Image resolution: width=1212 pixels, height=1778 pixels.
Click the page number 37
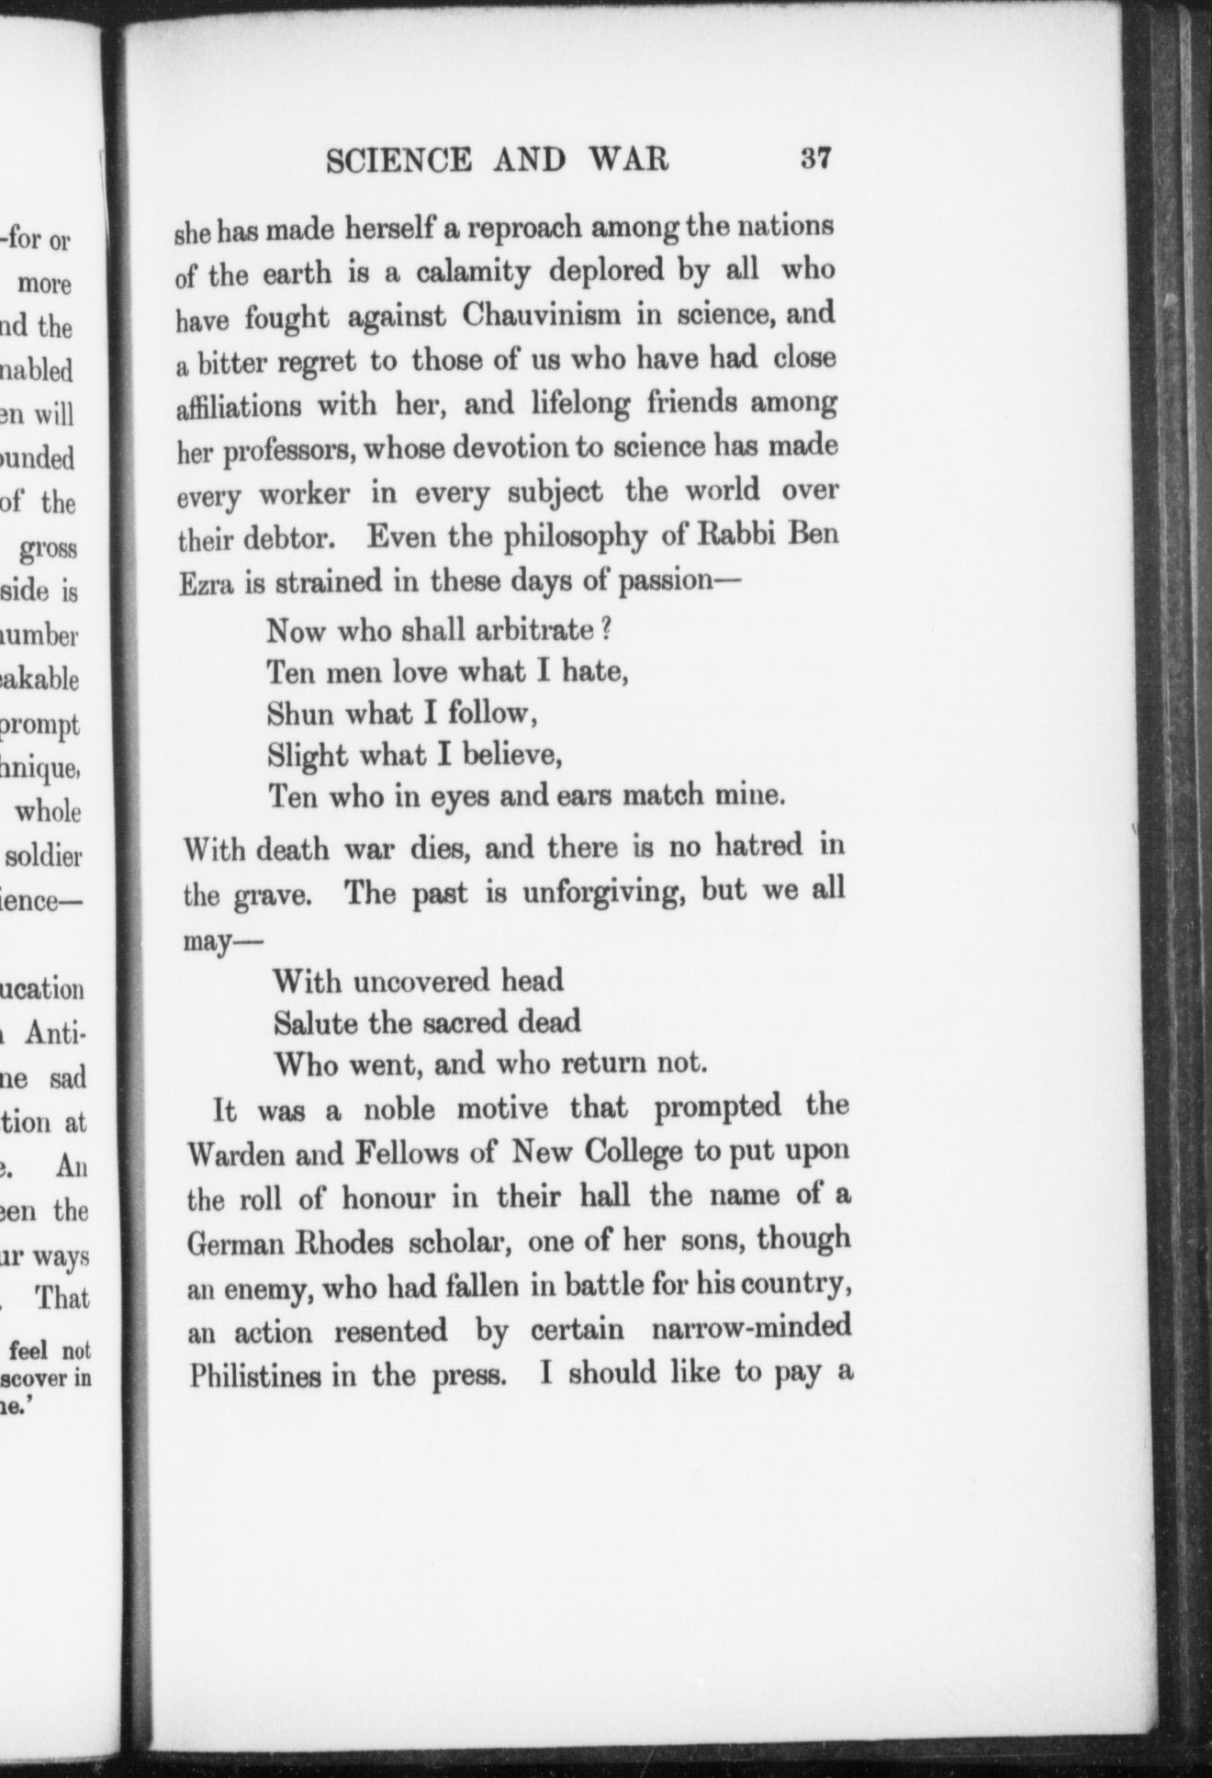(815, 158)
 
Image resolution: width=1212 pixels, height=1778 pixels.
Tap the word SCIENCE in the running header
(399, 161)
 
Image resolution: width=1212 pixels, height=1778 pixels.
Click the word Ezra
(205, 583)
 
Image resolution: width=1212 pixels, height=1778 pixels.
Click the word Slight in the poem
(307, 755)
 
